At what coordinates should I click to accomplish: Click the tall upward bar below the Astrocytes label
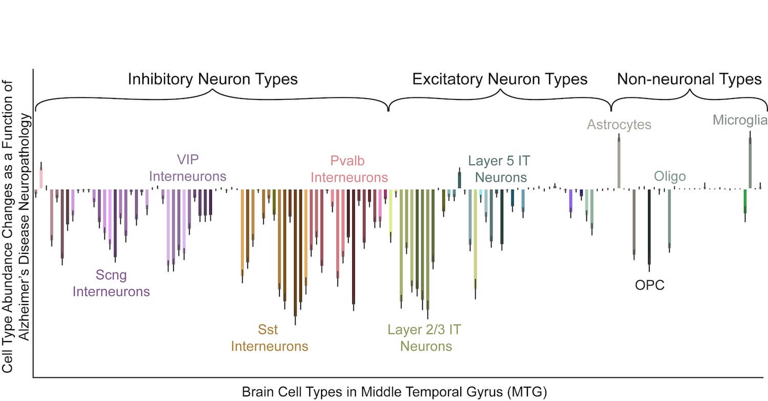click(619, 163)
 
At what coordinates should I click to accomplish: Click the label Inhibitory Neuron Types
click(212, 79)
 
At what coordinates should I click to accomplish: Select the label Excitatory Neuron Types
click(500, 79)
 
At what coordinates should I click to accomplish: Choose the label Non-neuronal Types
click(689, 79)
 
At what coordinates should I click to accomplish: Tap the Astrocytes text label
click(619, 125)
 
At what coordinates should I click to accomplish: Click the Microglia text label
click(740, 121)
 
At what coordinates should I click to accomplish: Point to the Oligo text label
click(670, 177)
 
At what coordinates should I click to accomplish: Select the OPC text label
click(649, 286)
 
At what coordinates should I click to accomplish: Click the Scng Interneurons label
click(111, 283)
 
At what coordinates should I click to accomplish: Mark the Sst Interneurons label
click(269, 338)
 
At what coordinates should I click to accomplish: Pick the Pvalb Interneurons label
click(349, 170)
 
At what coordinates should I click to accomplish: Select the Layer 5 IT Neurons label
click(500, 169)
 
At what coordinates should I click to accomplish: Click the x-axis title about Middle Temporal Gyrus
click(395, 392)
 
